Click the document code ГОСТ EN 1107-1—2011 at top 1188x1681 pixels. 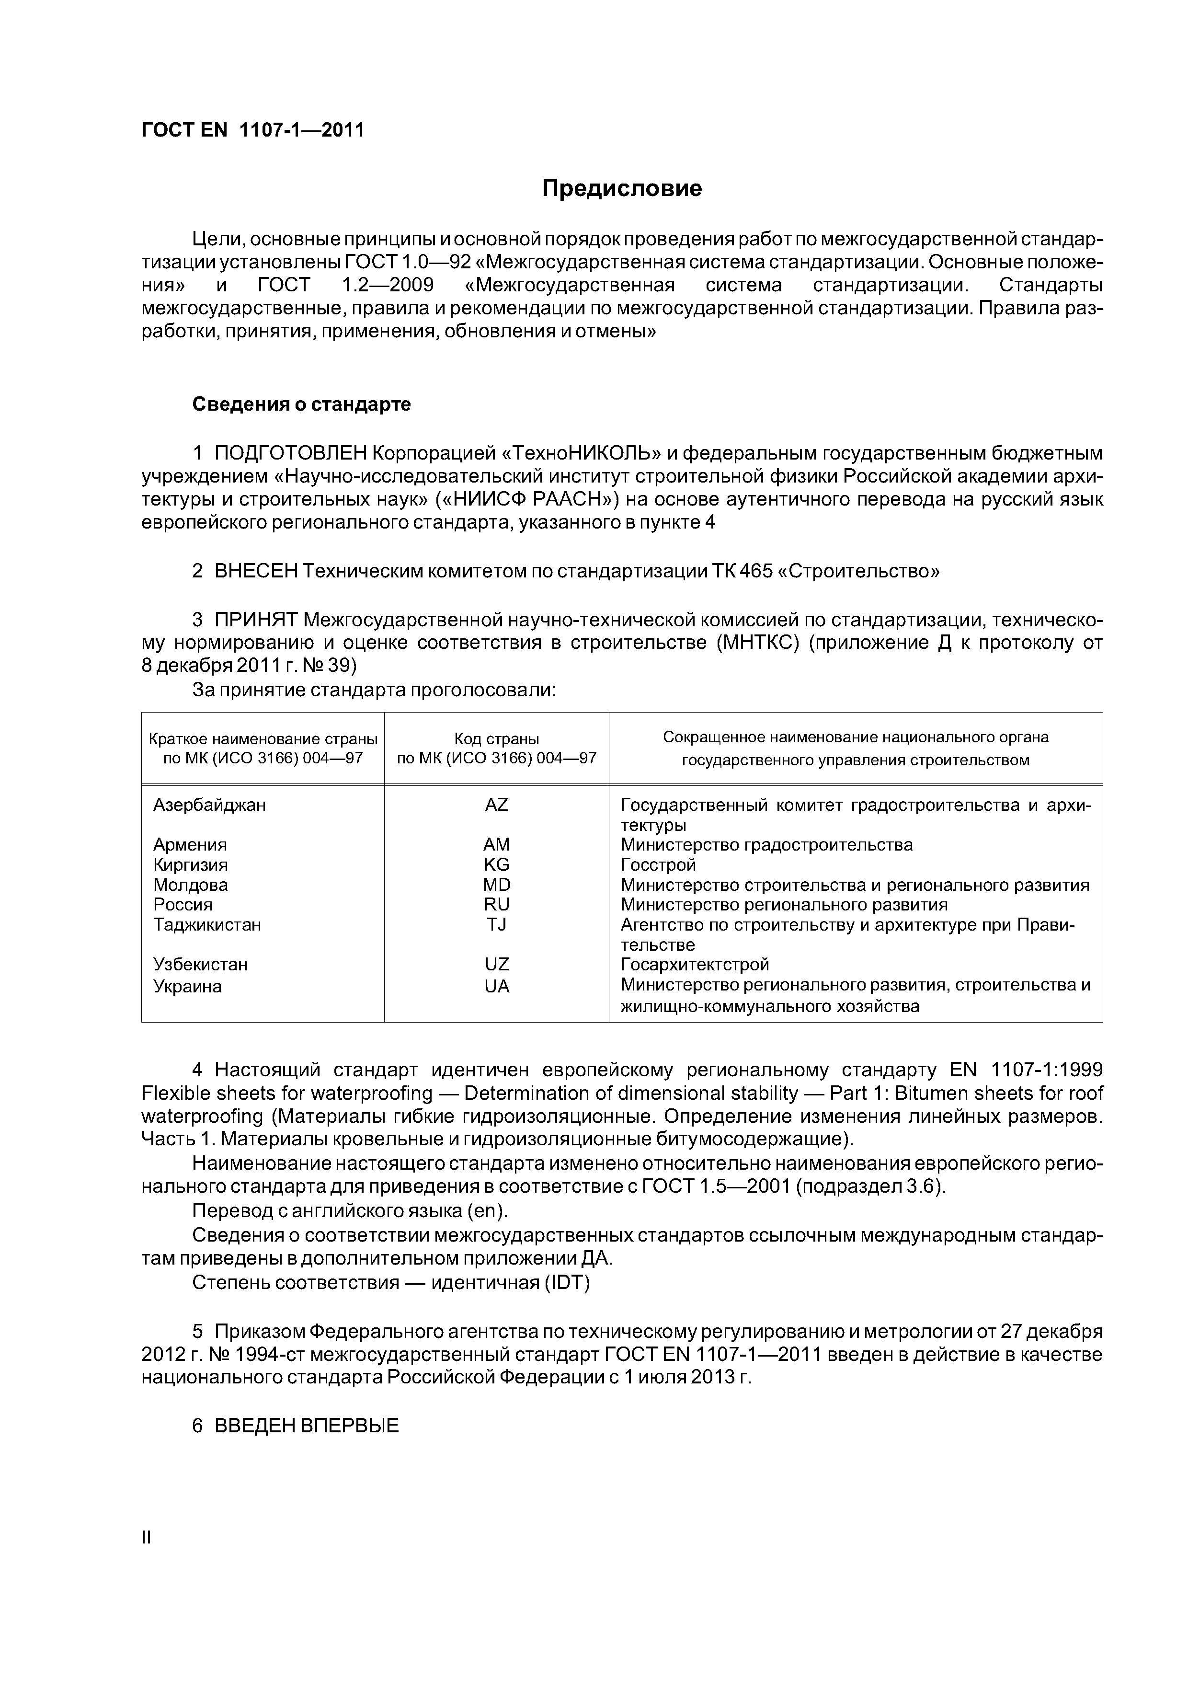coord(252,130)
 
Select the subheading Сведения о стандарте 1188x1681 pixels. coord(302,404)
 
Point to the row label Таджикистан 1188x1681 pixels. coord(207,925)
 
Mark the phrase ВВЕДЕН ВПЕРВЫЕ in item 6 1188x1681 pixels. coord(306,1426)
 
